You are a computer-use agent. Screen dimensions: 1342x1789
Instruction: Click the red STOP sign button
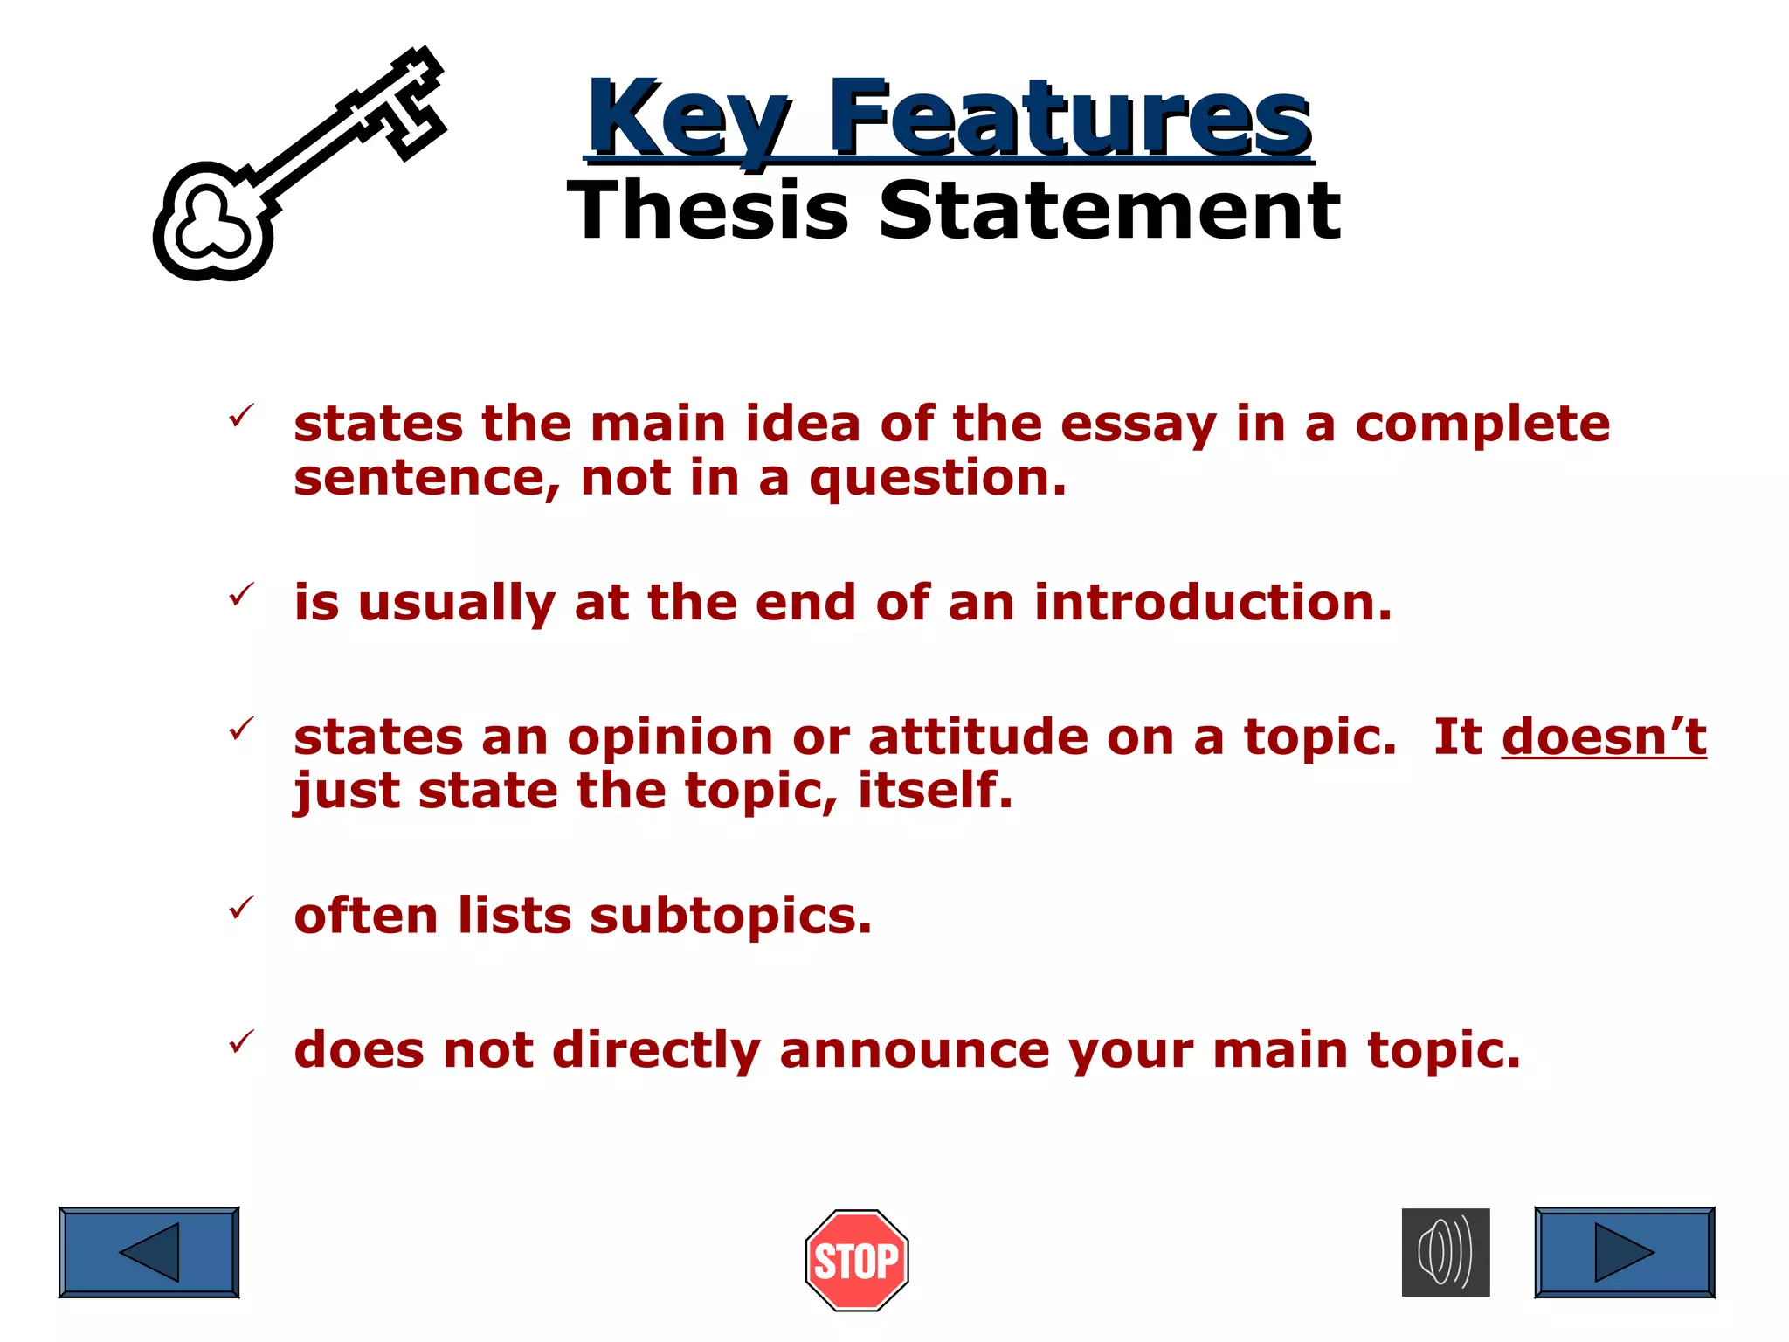coord(857,1260)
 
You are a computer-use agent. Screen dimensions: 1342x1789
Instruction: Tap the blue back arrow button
coord(149,1252)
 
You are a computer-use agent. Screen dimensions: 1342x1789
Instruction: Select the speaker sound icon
coord(1446,1252)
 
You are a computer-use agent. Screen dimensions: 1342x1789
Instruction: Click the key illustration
coord(297,166)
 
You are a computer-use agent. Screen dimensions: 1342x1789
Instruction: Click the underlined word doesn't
coord(1604,737)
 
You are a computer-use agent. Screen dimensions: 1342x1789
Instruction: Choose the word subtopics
coord(730,917)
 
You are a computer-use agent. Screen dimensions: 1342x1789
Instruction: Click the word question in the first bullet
coord(937,479)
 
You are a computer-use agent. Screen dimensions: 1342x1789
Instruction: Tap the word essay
coord(1138,425)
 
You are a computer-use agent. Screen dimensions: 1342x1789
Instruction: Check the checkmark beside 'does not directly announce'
coord(241,1041)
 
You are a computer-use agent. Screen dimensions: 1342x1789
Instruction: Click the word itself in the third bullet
coord(935,790)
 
